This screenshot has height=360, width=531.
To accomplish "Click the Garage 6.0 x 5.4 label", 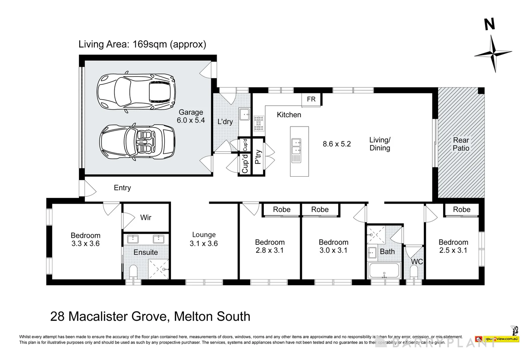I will click(x=191, y=116).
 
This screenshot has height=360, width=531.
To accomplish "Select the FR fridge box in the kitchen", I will click(x=311, y=99).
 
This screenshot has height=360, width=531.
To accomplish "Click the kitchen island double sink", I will click(x=296, y=150).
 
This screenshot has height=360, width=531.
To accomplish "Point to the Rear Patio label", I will click(x=461, y=144).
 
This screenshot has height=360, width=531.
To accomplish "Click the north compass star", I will click(x=493, y=54).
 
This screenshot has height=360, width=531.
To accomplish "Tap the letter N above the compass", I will click(x=489, y=24).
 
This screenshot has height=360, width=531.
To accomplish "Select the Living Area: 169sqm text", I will click(x=142, y=44).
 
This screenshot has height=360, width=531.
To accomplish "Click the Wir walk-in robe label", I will click(x=146, y=218).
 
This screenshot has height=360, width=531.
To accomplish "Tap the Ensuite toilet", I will click(x=133, y=272).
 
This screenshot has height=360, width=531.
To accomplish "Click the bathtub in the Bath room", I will click(x=384, y=270).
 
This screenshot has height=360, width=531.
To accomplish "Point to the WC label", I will click(x=417, y=262).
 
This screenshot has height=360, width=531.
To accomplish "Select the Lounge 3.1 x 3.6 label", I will click(x=204, y=239).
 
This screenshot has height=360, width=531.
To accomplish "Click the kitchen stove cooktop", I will click(x=259, y=123).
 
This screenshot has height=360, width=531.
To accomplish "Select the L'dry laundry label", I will click(x=225, y=122).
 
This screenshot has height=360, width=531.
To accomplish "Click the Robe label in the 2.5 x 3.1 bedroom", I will click(x=462, y=209).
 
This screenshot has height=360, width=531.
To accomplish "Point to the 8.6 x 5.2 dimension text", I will click(x=336, y=144).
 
